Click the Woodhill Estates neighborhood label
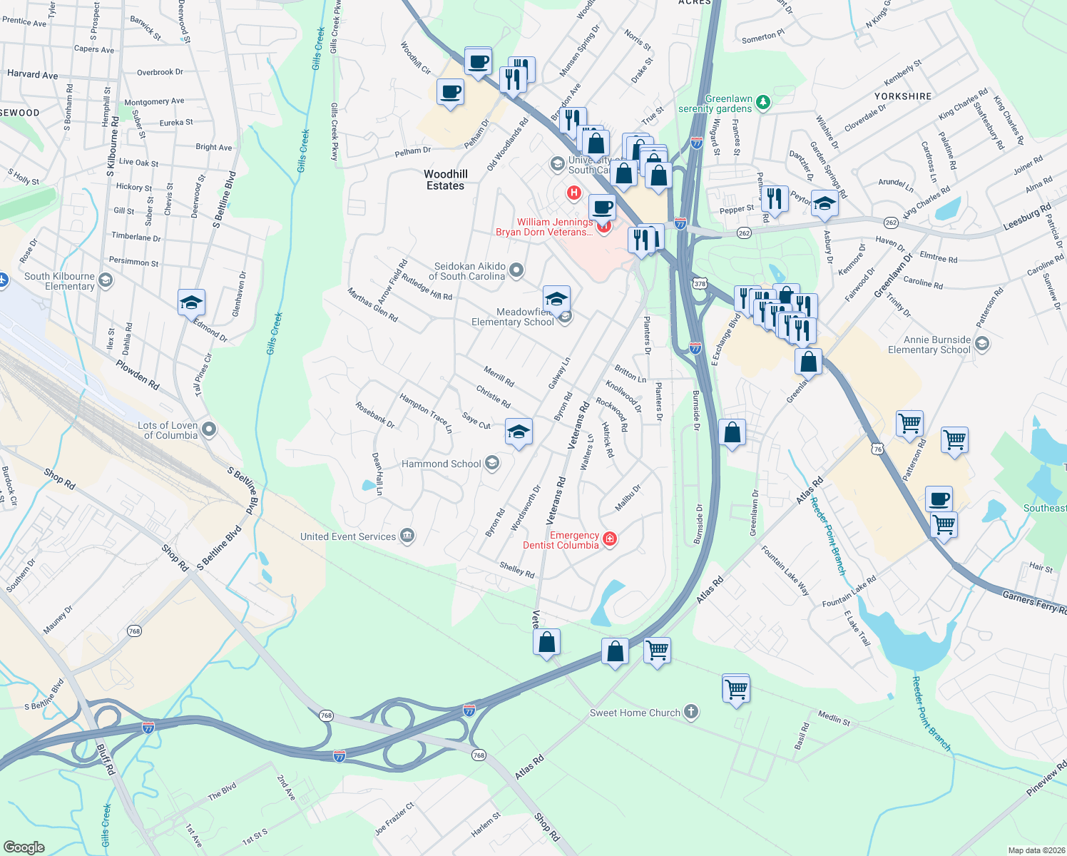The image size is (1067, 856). click(446, 180)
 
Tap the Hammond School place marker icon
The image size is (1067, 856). click(491, 464)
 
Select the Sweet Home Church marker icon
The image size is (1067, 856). click(690, 712)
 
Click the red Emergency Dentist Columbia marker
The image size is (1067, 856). click(610, 539)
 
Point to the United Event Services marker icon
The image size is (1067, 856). click(407, 536)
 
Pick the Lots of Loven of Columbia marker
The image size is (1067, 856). click(209, 429)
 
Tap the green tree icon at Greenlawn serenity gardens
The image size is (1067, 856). click(763, 103)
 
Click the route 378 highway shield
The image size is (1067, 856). click(699, 284)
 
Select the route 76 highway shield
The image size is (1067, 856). click(877, 449)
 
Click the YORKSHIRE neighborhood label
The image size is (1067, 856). click(903, 96)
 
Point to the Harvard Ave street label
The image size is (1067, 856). click(32, 74)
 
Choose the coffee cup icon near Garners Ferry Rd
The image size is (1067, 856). click(939, 498)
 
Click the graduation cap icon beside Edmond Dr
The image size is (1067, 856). click(191, 302)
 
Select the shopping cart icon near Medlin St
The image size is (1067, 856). click(736, 688)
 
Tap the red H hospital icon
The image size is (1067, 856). click(573, 193)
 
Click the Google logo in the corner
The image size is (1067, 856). click(24, 847)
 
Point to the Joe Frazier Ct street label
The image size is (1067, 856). click(394, 818)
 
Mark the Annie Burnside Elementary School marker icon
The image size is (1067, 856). click(982, 345)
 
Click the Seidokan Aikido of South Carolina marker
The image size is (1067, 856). click(517, 270)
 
